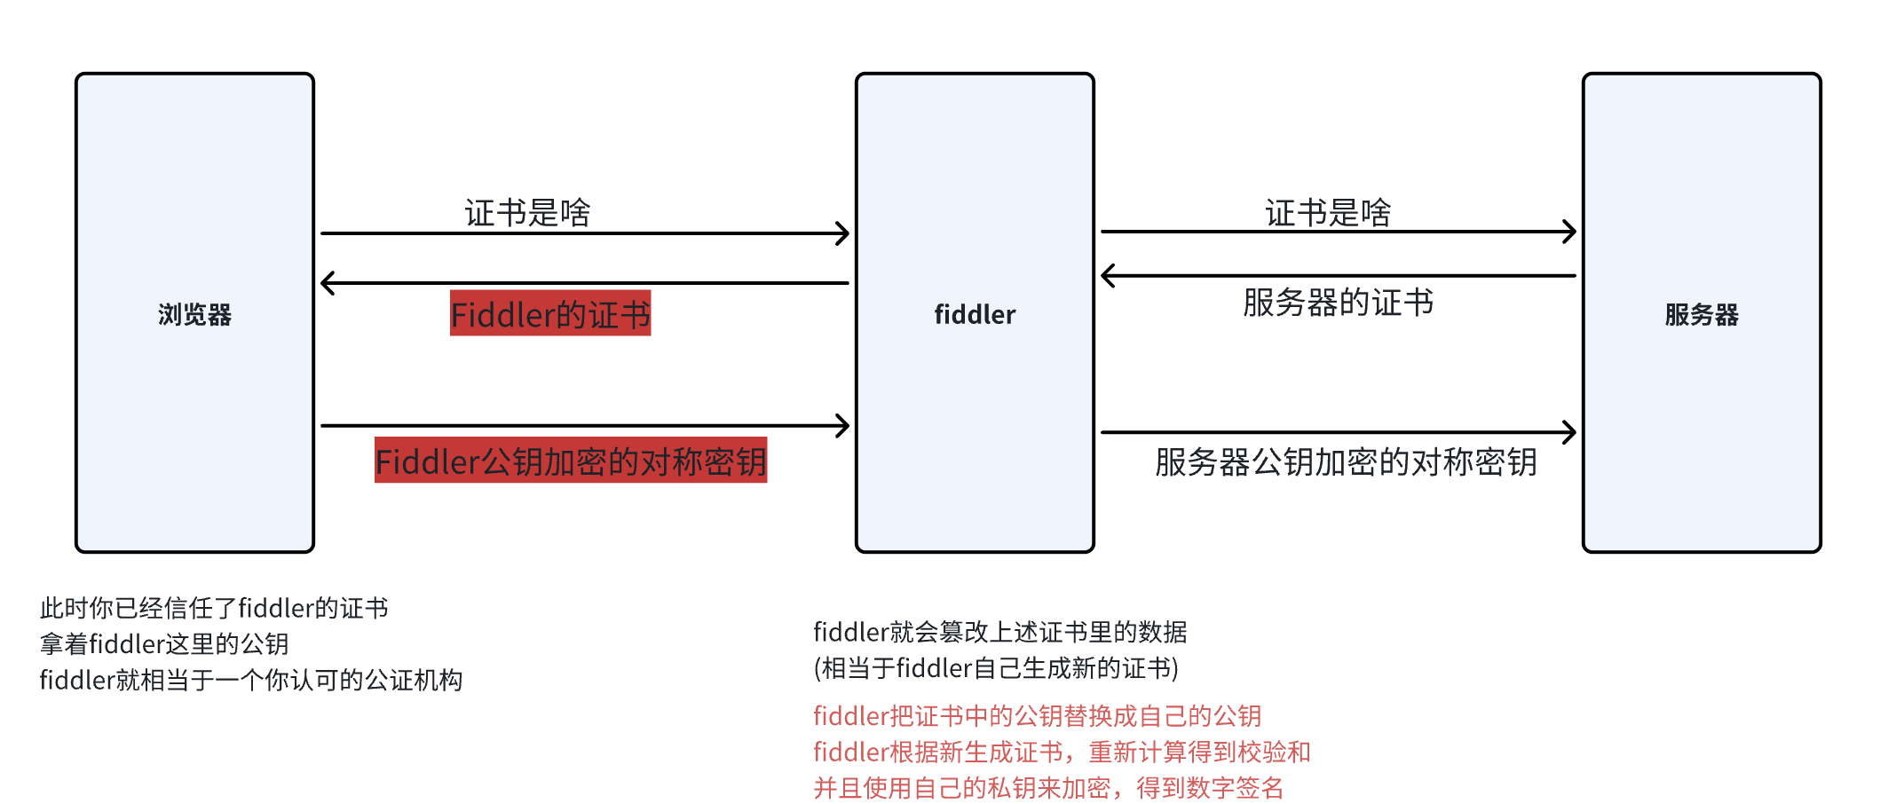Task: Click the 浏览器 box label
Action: (194, 314)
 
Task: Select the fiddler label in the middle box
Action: (975, 314)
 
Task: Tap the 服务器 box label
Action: (1701, 314)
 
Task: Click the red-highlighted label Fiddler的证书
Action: (550, 314)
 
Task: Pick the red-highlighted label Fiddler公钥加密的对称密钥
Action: (571, 461)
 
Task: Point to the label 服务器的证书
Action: (1338, 303)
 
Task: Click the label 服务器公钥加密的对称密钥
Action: (1346, 462)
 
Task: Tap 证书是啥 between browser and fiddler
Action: (527, 213)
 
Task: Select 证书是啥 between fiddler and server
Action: (1328, 213)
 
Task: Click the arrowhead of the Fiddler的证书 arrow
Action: (326, 283)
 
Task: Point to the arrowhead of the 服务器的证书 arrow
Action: (1107, 276)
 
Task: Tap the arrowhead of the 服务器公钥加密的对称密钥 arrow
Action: (1570, 432)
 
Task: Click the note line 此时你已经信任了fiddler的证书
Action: (214, 608)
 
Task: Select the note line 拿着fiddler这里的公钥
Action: (164, 643)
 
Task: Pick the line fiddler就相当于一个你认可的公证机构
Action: (251, 680)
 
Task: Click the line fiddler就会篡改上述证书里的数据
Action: (1000, 632)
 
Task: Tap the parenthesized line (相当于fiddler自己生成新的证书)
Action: (996, 667)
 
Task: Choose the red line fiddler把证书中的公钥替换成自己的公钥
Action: (1037, 715)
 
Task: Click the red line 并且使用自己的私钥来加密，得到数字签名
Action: (1048, 787)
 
